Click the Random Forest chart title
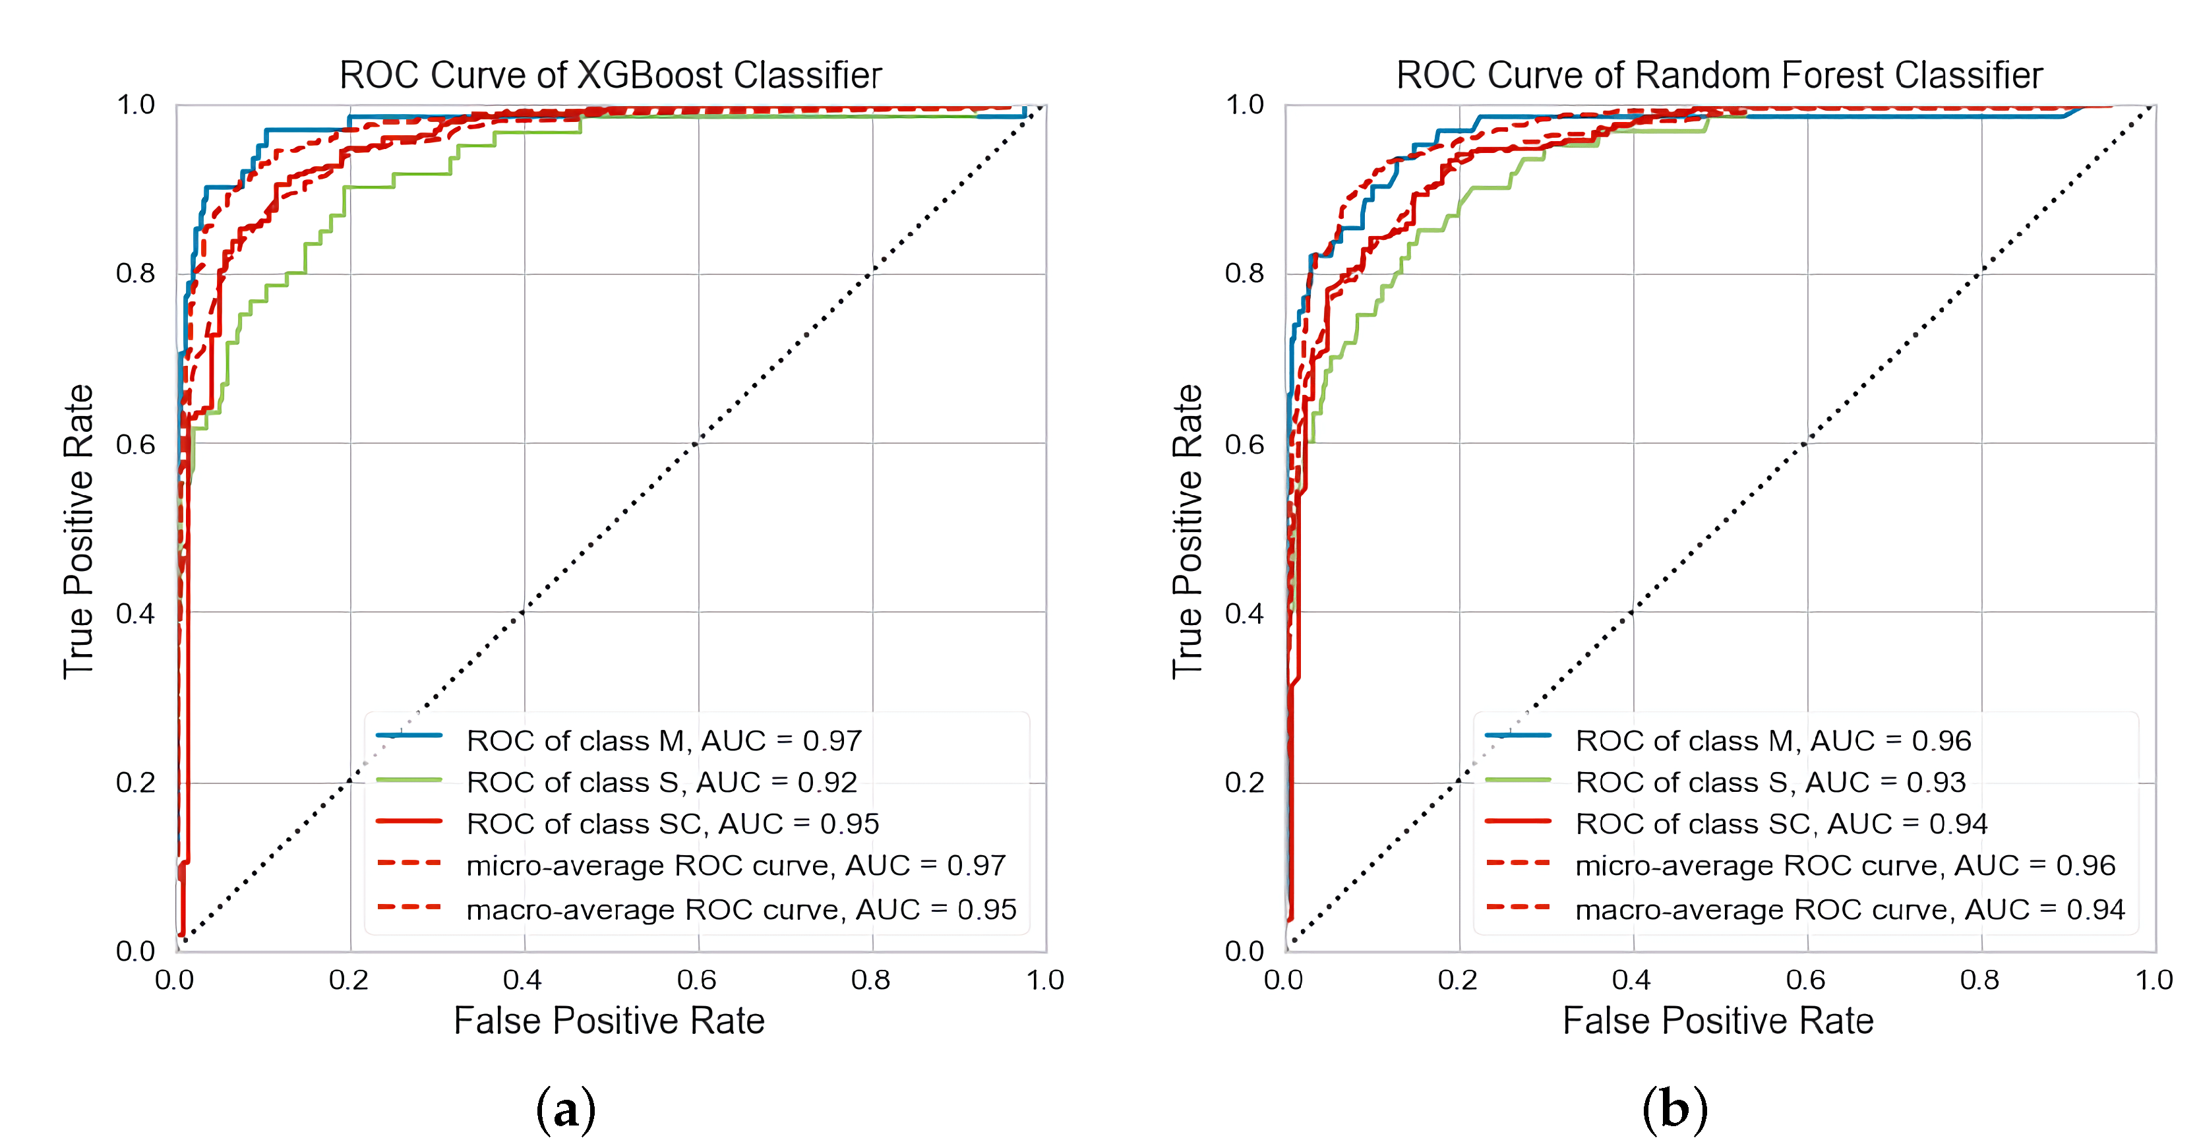click(1718, 75)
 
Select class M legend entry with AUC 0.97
click(663, 740)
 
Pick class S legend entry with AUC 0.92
click(661, 782)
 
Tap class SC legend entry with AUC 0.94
click(1781, 824)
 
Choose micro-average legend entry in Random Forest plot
click(1845, 866)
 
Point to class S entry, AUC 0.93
click(1770, 782)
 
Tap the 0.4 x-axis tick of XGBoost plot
click(522, 980)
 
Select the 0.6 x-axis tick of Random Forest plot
click(1805, 980)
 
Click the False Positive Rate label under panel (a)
click(609, 1021)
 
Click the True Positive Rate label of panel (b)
click(1188, 531)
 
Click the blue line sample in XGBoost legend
click(409, 735)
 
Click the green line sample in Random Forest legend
click(1518, 779)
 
